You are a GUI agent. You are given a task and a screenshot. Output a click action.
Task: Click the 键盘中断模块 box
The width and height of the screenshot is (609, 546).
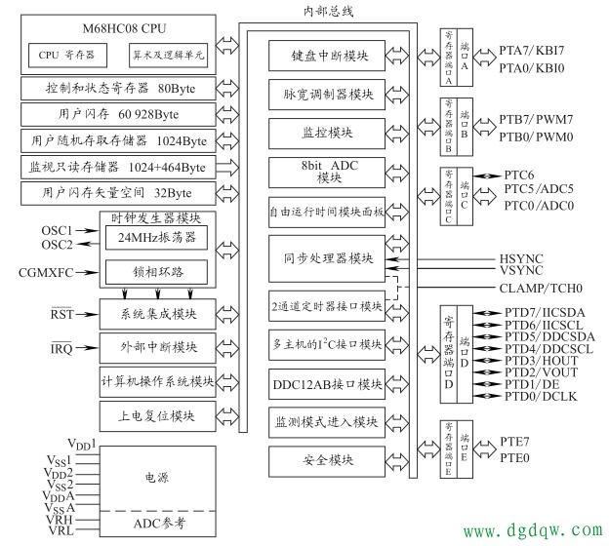tap(331, 57)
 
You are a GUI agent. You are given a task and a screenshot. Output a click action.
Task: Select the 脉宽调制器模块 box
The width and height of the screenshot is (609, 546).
tap(331, 95)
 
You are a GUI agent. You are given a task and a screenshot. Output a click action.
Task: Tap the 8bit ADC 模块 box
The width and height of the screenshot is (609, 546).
tap(331, 172)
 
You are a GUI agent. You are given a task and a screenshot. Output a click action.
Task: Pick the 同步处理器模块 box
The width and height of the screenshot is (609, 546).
tap(331, 258)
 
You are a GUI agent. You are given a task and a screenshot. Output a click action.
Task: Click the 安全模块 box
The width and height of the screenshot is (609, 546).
tap(331, 458)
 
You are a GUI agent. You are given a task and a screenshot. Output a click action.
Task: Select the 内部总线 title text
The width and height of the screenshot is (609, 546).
tap(329, 12)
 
